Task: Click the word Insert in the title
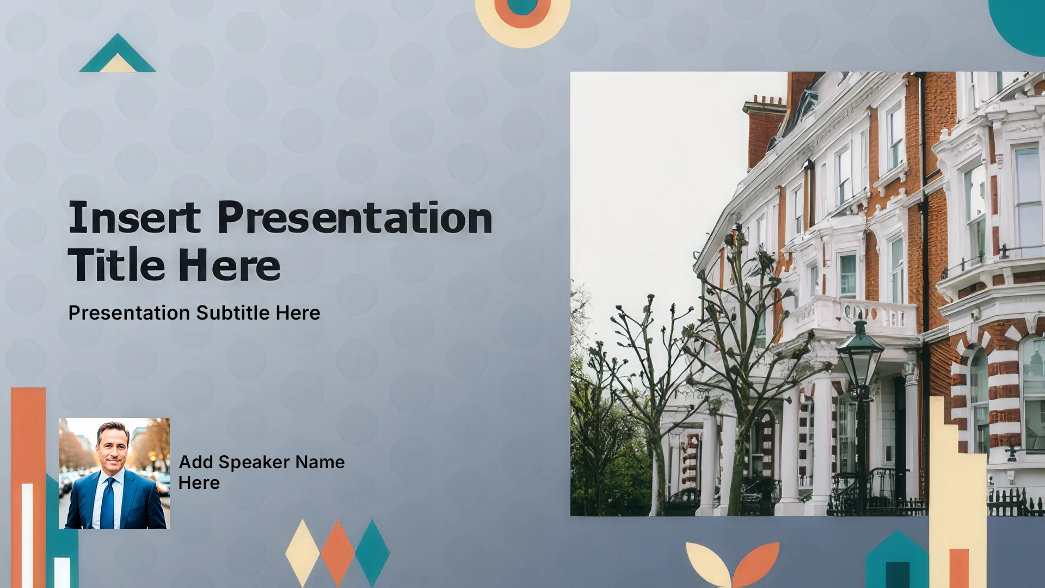(134, 218)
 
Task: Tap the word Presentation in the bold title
(355, 218)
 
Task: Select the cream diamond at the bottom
(303, 553)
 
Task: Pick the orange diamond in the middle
(337, 553)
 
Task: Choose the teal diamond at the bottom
(372, 553)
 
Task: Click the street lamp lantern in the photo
(860, 354)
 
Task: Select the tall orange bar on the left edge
(28, 487)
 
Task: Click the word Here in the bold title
(229, 266)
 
